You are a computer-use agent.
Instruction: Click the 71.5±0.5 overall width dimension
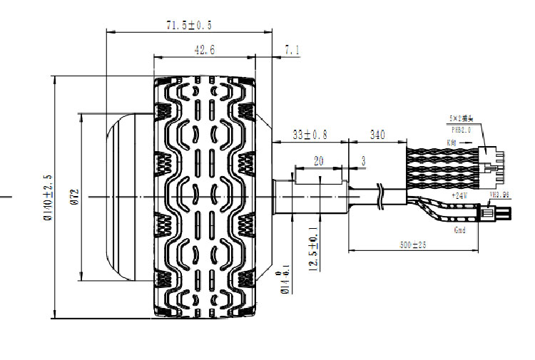[x=188, y=25]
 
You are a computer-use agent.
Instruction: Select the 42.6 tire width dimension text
[x=204, y=50]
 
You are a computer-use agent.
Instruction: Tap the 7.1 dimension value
[x=292, y=50]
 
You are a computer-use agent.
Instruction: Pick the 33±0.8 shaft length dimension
[x=311, y=134]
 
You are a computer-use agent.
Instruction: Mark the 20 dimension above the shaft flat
[x=318, y=161]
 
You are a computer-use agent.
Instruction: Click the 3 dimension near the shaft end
[x=363, y=161]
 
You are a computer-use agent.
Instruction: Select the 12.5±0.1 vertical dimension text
[x=312, y=250]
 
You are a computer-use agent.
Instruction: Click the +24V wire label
[x=459, y=195]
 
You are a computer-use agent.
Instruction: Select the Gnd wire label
[x=459, y=231]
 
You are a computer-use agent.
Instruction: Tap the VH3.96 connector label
[x=499, y=194]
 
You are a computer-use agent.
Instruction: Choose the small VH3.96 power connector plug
[x=491, y=212]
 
